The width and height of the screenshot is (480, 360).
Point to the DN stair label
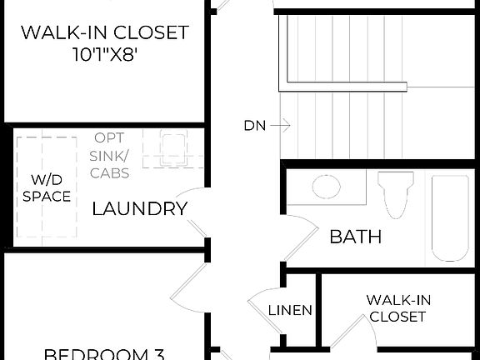255,126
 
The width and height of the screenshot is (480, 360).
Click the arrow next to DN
281,126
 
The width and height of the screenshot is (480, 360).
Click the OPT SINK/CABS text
109,155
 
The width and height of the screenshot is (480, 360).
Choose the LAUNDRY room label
138,209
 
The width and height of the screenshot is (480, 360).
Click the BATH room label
356,237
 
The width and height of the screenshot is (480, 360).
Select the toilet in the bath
394,193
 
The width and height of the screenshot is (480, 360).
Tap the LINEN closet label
290,311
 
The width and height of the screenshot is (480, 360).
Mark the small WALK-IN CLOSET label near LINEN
397,307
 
